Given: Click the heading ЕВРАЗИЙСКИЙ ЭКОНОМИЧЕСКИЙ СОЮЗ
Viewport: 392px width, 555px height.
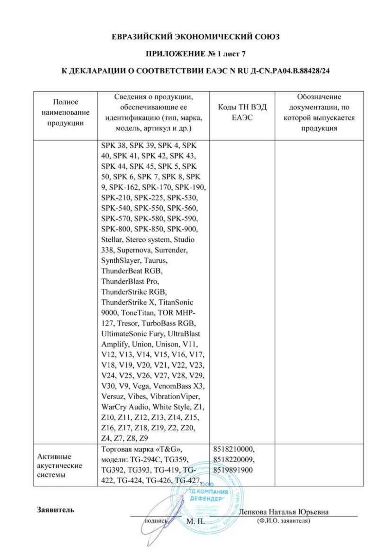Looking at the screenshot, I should pyautogui.click(x=196, y=37).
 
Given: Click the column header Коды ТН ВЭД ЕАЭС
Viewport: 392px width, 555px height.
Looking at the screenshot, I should pyautogui.click(x=242, y=112).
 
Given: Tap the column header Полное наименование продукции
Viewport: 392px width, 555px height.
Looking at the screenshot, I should pyautogui.click(x=65, y=112).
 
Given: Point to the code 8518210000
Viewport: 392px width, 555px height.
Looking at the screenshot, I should pyautogui.click(x=234, y=449).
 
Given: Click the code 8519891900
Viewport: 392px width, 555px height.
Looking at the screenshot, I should pyautogui.click(x=233, y=470).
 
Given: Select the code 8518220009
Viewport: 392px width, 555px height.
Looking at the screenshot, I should pyautogui.click(x=234, y=459).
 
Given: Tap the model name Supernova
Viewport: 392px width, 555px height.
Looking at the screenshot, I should pyautogui.click(x=135, y=250).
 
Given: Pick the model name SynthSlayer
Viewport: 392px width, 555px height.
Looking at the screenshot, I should pyautogui.click(x=121, y=260).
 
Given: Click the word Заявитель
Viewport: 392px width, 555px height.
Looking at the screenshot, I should pyautogui.click(x=56, y=510).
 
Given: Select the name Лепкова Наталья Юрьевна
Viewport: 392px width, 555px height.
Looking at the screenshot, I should pyautogui.click(x=284, y=512).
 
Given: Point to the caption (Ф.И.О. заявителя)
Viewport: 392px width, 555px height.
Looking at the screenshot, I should pyautogui.click(x=284, y=521).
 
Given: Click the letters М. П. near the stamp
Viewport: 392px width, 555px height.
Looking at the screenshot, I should pyautogui.click(x=195, y=521).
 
